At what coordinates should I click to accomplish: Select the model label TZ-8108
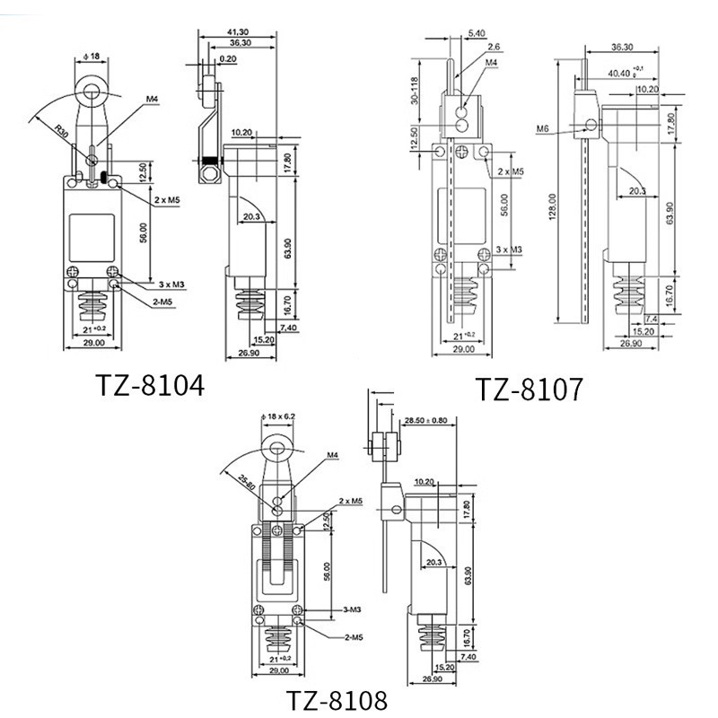click(337, 698)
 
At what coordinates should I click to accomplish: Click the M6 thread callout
click(543, 129)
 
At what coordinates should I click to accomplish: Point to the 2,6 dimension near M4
click(493, 47)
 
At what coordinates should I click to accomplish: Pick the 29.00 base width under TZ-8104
click(93, 342)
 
